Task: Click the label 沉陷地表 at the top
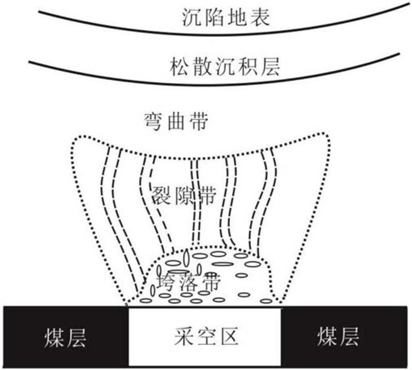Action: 226,19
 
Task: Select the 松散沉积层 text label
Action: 225,67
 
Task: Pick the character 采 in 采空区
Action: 181,337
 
